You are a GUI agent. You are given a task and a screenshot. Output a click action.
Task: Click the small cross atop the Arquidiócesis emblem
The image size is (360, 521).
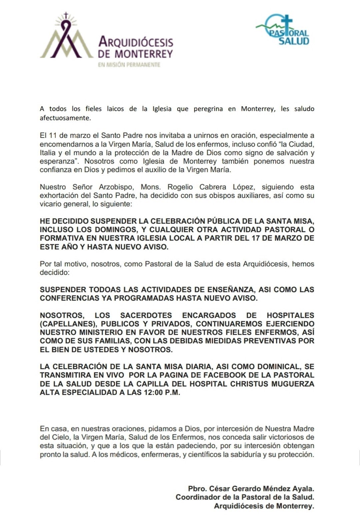pyautogui.click(x=66, y=15)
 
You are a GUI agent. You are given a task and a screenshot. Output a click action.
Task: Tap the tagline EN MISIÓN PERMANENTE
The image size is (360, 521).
pyautogui.click(x=129, y=65)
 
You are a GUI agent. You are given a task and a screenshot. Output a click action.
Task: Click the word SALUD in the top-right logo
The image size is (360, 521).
pyautogui.click(x=294, y=41)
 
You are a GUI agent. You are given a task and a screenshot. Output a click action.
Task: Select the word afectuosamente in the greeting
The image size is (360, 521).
pyautogui.click(x=65, y=118)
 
